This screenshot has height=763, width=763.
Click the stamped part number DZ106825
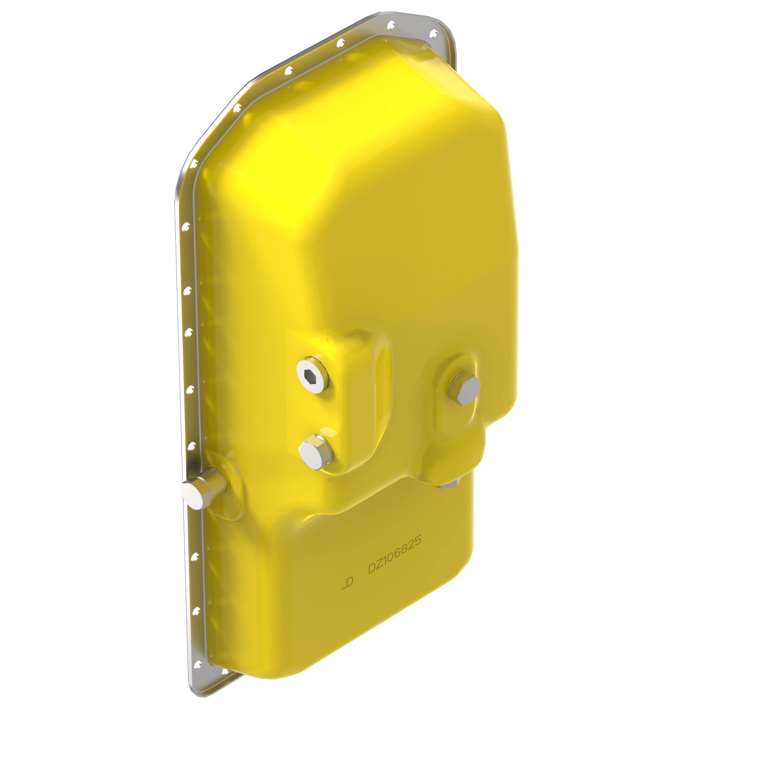(394, 554)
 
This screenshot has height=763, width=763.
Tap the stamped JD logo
(348, 583)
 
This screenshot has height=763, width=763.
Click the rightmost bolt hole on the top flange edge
(433, 34)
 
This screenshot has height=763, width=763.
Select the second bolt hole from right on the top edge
(391, 25)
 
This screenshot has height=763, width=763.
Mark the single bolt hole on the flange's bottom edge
(225, 671)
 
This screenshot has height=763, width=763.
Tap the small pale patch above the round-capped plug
(328, 430)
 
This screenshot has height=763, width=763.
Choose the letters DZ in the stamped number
(375, 567)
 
